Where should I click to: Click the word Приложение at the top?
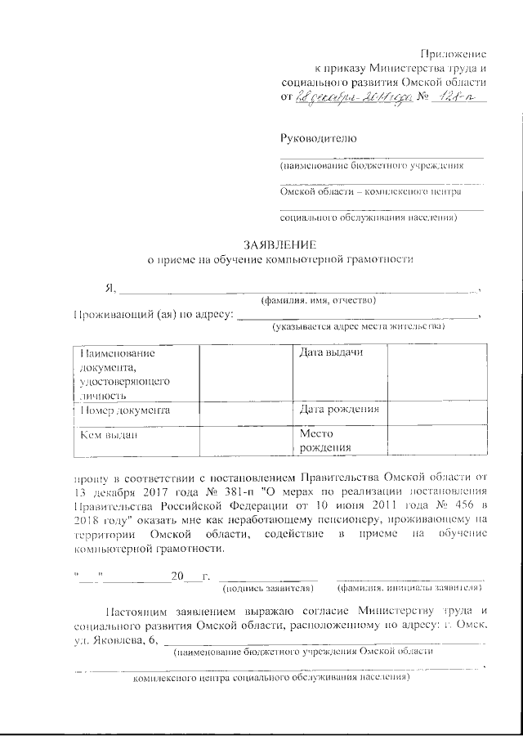pos(451,53)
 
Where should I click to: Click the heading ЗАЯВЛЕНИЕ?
pos(279,244)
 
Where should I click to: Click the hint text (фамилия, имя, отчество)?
pos(317,301)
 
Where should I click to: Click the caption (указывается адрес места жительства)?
pos(359,327)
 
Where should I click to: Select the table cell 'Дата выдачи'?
pos(331,352)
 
